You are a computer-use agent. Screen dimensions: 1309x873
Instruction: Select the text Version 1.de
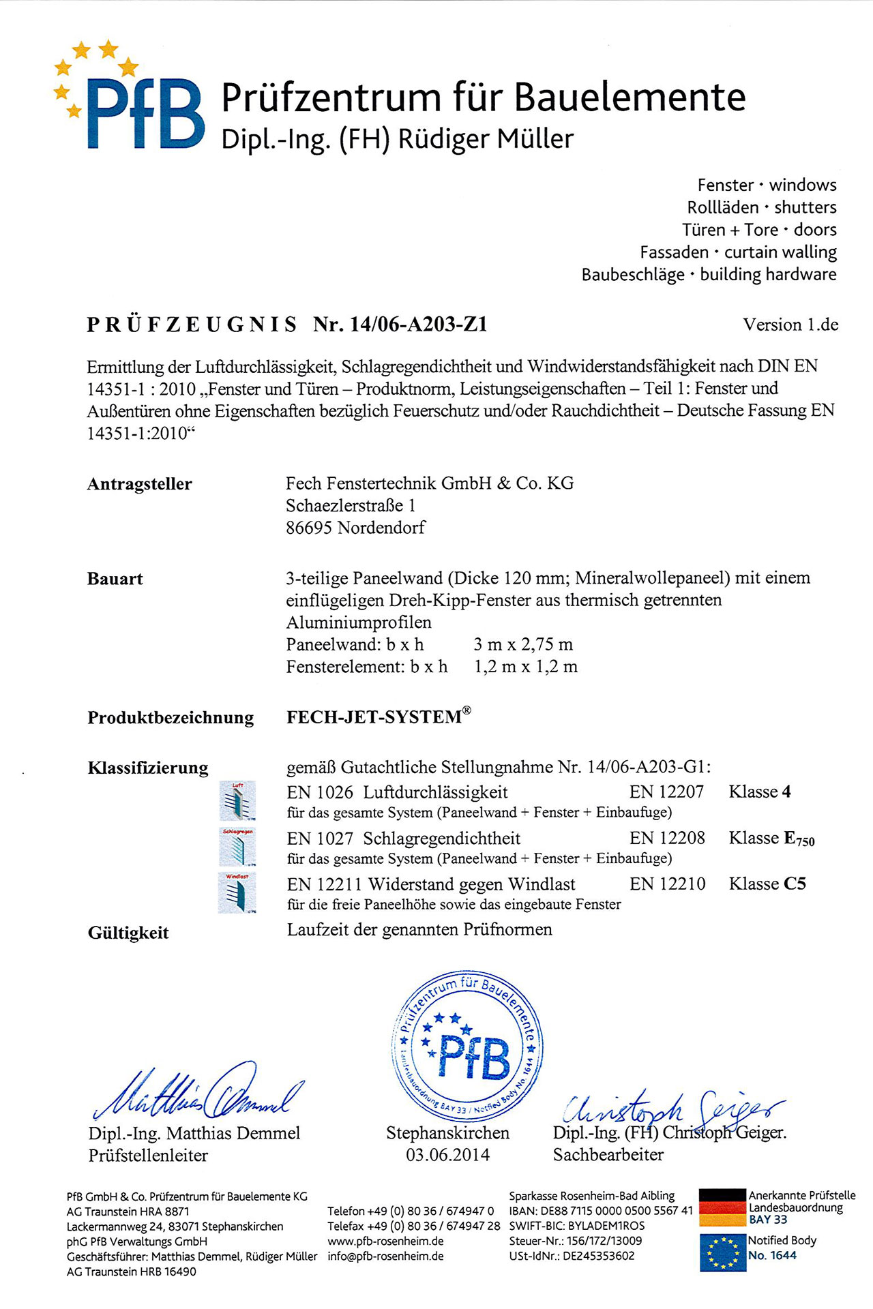coord(790,325)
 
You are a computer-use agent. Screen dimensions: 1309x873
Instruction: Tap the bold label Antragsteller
coord(139,484)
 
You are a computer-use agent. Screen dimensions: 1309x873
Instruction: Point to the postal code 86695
coord(308,528)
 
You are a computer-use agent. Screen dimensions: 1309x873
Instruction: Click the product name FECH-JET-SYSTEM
coord(374,717)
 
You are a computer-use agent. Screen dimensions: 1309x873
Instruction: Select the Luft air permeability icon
coord(237,800)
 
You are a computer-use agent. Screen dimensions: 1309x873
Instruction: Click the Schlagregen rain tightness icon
coord(237,847)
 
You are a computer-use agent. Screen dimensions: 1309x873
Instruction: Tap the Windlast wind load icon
coord(237,892)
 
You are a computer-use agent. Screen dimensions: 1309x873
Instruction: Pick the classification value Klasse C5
coord(767,884)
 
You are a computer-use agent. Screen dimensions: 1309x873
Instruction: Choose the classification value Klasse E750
coord(771,839)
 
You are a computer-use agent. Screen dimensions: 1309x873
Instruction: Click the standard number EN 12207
coord(666,792)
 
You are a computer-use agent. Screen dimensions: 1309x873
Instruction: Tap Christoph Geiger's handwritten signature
coord(672,1107)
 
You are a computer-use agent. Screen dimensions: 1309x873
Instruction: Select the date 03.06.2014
coord(447,1155)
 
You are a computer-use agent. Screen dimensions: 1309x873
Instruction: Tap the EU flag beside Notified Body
coord(722,1252)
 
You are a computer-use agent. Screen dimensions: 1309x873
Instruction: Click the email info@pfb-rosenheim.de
coord(385,1256)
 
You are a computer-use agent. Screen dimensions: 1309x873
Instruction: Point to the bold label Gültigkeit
coord(128,933)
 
